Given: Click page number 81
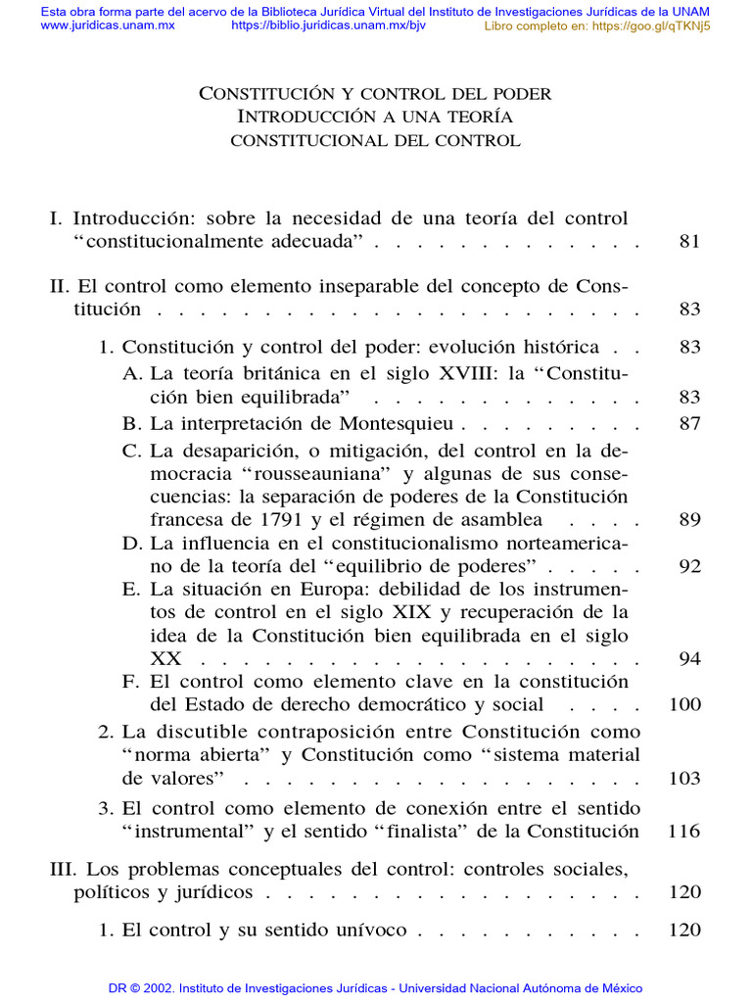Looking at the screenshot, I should pos(689,242).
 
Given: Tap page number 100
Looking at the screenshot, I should pos(685,704).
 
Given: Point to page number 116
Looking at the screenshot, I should pos(683,832).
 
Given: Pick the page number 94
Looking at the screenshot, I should pos(689,658).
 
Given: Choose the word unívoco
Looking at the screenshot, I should pos(368,930).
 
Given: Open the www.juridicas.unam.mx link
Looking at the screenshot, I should pos(108,25).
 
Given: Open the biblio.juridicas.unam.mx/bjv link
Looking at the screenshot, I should pos(328,25).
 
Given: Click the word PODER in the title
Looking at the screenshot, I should pos(519,94).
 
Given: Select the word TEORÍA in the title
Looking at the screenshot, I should pos(479,117).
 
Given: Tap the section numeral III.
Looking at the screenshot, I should pos(62,869).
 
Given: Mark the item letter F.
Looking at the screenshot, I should pos(130,682).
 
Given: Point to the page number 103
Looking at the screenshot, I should pos(685,779).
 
